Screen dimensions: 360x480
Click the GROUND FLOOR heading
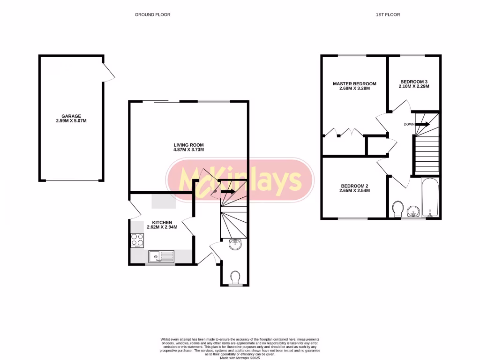tap(152, 15)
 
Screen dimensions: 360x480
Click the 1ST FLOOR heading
tap(388, 15)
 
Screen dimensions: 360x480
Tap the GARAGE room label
tap(71, 116)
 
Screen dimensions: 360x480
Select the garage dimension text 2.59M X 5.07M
tap(71, 121)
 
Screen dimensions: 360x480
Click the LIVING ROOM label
tap(188, 145)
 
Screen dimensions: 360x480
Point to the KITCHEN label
tap(162, 222)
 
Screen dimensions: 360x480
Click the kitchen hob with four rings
tap(137, 240)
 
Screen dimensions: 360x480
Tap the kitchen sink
tap(161, 256)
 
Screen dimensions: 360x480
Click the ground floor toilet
tap(236, 277)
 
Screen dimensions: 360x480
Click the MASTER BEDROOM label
tap(354, 84)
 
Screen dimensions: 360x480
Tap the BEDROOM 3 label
tap(413, 81)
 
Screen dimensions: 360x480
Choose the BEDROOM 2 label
tap(355, 185)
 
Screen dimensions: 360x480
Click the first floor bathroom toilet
tap(398, 208)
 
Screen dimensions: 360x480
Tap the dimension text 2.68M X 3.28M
tap(354, 89)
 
